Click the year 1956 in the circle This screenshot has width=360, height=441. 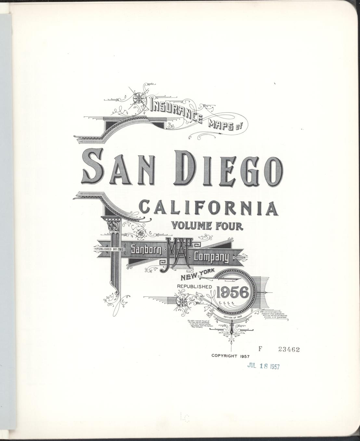(234, 293)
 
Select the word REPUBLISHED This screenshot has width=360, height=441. (194, 286)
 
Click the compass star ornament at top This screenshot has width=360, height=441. (139, 97)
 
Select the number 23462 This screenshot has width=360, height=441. (289, 349)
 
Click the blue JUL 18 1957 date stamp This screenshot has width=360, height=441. (263, 366)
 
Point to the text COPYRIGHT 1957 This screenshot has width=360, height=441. (230, 356)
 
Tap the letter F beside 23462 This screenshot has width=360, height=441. (260, 349)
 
